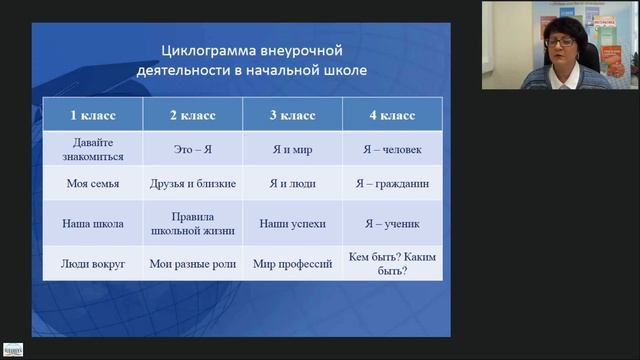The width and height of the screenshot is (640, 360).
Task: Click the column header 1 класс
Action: click(92, 116)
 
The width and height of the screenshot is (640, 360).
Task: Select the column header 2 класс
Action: click(192, 116)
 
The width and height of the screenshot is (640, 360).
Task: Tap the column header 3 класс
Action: click(292, 116)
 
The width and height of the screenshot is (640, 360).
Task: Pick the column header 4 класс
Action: click(390, 116)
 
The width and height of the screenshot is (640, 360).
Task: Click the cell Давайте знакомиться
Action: click(92, 150)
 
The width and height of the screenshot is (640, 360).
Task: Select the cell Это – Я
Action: click(192, 150)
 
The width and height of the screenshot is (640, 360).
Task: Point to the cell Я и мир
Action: click(292, 150)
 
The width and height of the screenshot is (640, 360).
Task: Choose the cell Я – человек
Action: click(390, 150)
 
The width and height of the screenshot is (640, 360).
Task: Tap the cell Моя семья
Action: click(92, 184)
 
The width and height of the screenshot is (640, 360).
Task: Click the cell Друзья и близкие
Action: click(192, 184)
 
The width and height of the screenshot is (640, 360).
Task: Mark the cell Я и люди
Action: click(292, 184)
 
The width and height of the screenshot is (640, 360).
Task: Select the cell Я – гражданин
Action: click(390, 184)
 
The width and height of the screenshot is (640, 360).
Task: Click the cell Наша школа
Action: click(92, 224)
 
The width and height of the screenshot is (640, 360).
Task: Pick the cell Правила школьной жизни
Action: click(192, 224)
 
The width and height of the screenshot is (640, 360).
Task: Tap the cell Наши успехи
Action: click(292, 224)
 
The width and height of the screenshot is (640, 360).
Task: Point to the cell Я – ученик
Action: click(390, 224)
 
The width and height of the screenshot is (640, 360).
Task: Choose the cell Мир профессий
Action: click(292, 264)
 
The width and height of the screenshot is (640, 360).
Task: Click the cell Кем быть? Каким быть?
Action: click(390, 264)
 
